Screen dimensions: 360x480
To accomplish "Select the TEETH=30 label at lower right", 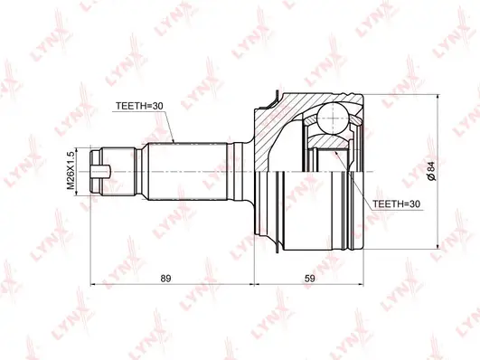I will (x=399, y=204).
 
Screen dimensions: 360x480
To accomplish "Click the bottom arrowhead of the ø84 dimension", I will (x=438, y=245).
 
